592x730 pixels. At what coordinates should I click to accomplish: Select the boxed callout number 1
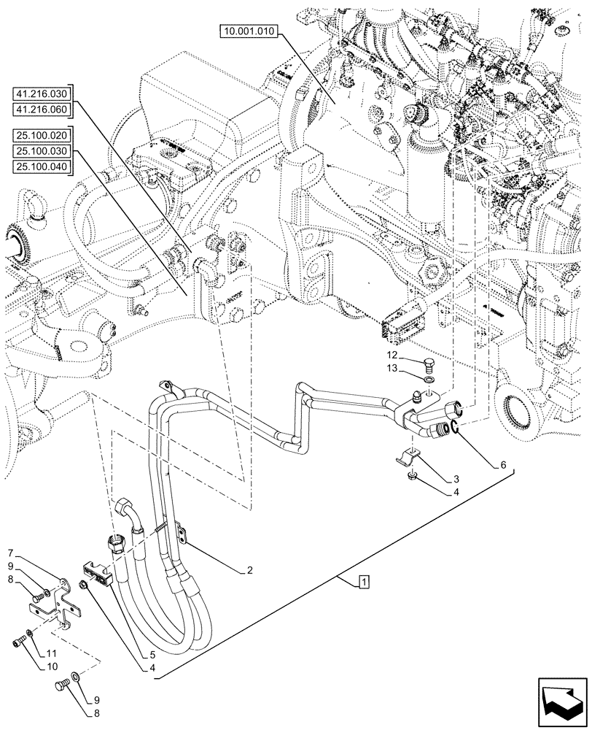pyautogui.click(x=364, y=582)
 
